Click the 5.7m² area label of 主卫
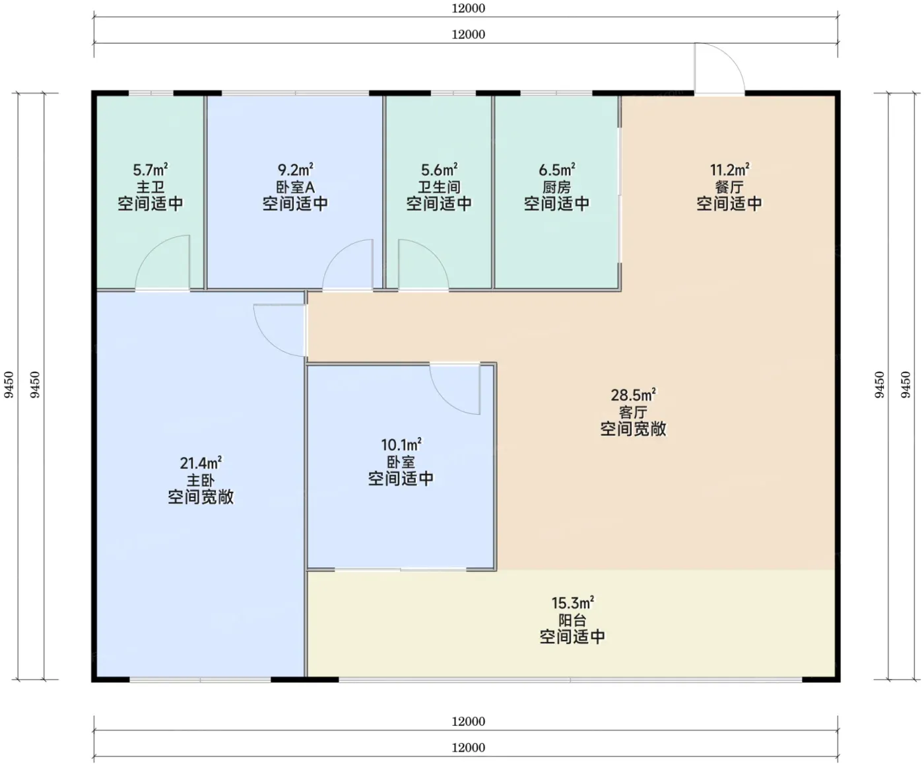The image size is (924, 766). pyautogui.click(x=150, y=169)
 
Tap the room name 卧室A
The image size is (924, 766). pyautogui.click(x=295, y=187)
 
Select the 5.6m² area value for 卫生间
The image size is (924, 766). pyautogui.click(x=439, y=169)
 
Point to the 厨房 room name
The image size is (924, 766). pyautogui.click(x=556, y=187)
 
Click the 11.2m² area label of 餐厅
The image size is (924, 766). pyautogui.click(x=729, y=169)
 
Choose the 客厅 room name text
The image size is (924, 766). pyautogui.click(x=633, y=412)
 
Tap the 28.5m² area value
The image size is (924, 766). pyautogui.click(x=633, y=394)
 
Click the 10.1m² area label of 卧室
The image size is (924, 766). pyautogui.click(x=401, y=444)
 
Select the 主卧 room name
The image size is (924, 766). pyautogui.click(x=201, y=480)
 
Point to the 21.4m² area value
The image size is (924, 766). pyautogui.click(x=201, y=463)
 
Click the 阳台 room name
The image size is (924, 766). pyautogui.click(x=572, y=620)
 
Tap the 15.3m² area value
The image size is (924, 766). pyautogui.click(x=572, y=603)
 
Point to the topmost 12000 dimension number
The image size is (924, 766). pyautogui.click(x=468, y=9)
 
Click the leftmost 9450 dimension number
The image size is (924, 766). pyautogui.click(x=9, y=385)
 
